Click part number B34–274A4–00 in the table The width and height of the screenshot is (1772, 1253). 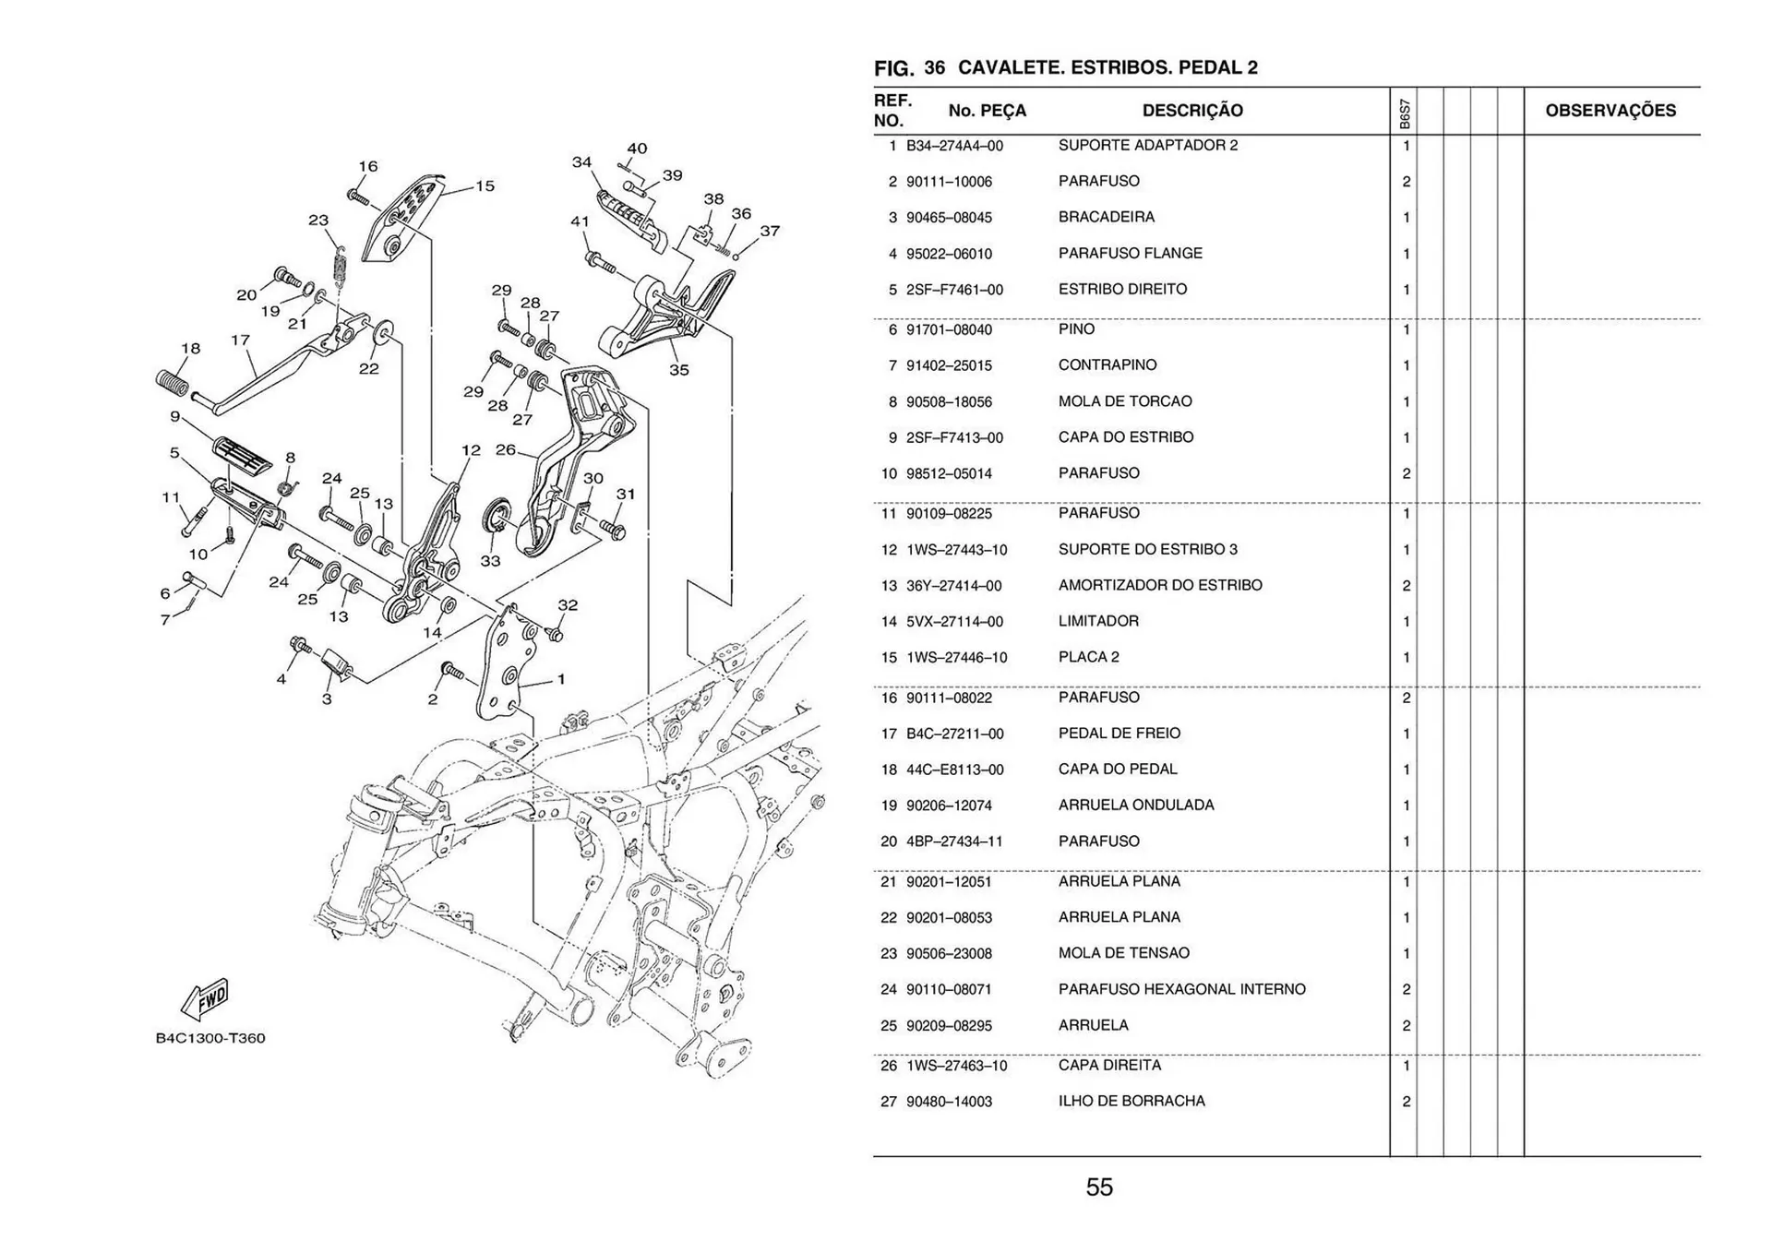click(953, 146)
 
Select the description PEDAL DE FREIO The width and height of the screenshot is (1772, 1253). click(1119, 734)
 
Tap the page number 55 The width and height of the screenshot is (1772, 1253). click(1099, 1187)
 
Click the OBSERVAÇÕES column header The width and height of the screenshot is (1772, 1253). click(1610, 111)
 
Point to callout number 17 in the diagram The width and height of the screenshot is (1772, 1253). click(240, 340)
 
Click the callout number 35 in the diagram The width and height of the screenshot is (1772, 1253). click(678, 370)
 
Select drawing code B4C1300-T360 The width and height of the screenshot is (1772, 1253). click(210, 1038)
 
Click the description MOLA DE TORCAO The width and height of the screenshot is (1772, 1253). click(1124, 401)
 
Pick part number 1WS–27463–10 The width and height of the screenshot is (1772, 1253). click(956, 1066)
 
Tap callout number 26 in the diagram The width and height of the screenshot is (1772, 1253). click(505, 450)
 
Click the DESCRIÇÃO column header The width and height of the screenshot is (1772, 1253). click(1191, 111)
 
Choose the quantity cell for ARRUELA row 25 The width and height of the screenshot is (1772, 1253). click(1406, 1026)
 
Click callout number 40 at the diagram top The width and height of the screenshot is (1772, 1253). click(637, 149)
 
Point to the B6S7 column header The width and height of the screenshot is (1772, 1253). click(1404, 113)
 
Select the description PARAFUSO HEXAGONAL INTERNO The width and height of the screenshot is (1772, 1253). click(1181, 989)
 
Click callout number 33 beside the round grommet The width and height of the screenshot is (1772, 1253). click(490, 561)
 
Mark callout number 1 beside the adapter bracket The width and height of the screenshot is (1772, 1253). click(561, 679)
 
